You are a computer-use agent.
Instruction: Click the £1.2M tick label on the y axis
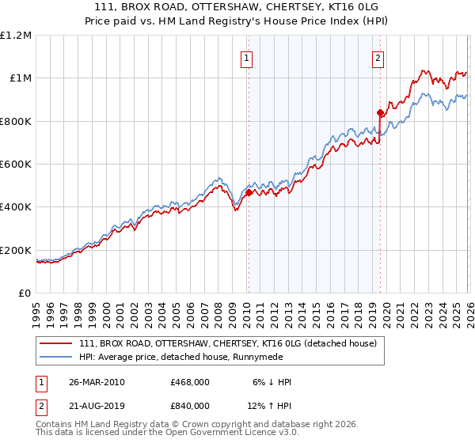(16, 35)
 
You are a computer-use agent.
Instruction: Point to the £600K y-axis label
(16, 164)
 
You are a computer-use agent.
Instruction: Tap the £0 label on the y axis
(25, 293)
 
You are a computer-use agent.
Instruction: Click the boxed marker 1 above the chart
(247, 58)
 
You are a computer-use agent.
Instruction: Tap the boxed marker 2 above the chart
(378, 58)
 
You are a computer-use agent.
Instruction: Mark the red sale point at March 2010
(249, 192)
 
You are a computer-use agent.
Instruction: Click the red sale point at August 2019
(380, 112)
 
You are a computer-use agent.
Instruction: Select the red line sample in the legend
(55, 343)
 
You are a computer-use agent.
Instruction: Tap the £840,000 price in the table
(190, 405)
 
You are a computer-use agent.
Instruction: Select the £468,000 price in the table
(190, 382)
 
